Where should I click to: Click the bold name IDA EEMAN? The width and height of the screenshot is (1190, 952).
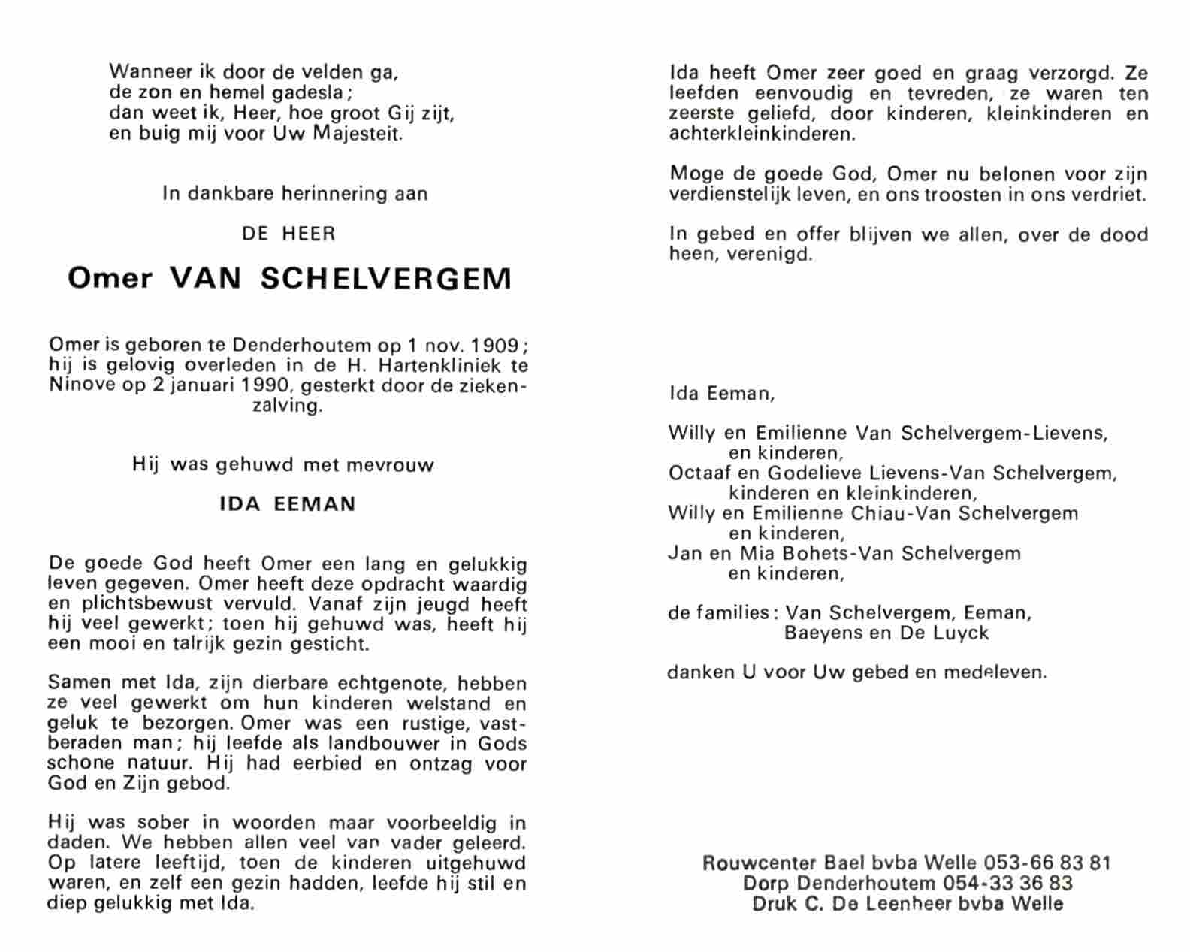[288, 504]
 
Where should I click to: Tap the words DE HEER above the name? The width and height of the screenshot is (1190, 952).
[288, 234]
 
